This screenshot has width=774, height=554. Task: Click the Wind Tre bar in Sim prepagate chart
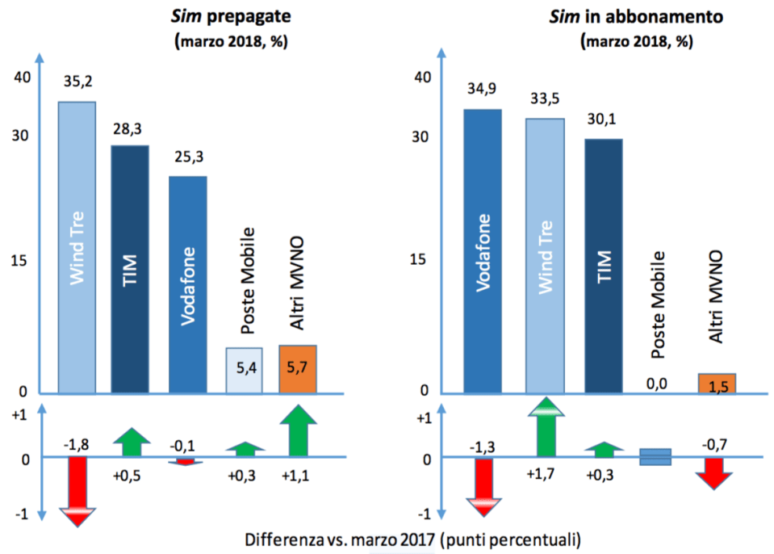pos(77,247)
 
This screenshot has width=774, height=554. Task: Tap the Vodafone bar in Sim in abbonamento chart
pos(483,251)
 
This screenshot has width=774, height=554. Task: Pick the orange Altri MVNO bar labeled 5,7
pos(297,369)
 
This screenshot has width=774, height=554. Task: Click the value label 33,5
pos(545,99)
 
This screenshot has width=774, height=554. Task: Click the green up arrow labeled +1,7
pos(545,428)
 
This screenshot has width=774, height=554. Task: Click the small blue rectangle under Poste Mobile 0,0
pos(655,457)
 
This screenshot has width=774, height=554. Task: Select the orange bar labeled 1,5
pos(716,384)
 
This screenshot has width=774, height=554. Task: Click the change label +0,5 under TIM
pos(131,474)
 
